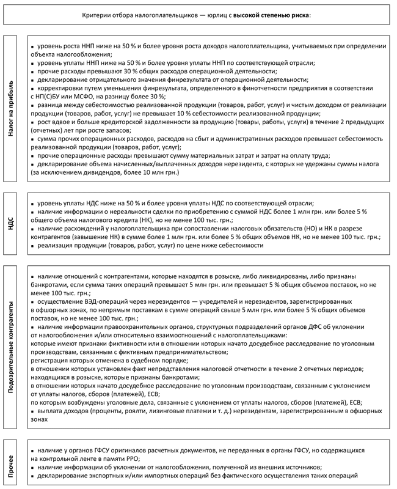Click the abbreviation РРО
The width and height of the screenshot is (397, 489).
click(x=133, y=458)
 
